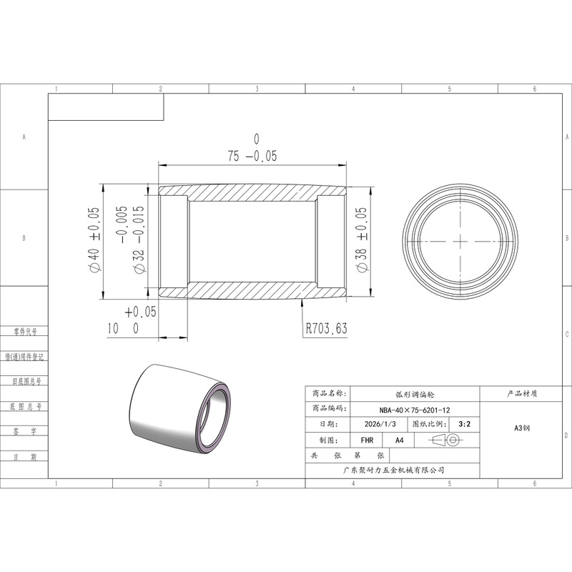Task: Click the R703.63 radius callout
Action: [x=326, y=328]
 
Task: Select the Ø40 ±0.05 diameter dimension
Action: [x=94, y=240]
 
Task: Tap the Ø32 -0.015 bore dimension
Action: [x=130, y=240]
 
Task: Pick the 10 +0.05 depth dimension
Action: [x=132, y=320]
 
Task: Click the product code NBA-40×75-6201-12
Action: [x=415, y=410]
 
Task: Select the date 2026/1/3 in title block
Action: [x=380, y=424]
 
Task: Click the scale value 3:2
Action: [x=464, y=424]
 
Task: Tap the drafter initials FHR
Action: [x=367, y=440]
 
